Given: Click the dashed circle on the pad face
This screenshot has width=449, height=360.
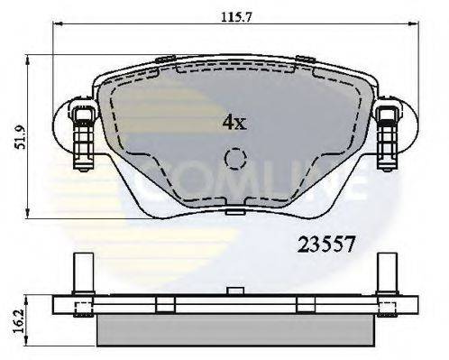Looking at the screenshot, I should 234,160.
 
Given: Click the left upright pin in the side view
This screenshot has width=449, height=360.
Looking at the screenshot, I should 78,272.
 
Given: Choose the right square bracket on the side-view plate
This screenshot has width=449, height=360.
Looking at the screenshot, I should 307,304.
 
